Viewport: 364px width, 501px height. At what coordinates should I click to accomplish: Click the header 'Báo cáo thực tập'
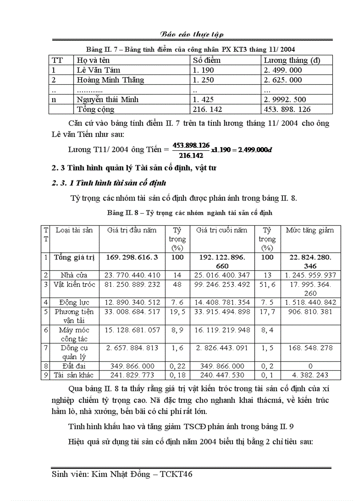192,34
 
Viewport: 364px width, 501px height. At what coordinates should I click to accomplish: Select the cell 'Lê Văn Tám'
98,70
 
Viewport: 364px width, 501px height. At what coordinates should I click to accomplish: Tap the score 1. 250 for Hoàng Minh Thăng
203,80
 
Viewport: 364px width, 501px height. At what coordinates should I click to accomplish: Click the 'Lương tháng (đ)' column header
292,60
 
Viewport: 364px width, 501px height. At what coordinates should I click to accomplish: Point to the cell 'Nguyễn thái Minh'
107,99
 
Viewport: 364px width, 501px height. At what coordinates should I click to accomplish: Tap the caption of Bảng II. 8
190,213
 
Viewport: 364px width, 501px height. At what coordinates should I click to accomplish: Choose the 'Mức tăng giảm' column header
310,230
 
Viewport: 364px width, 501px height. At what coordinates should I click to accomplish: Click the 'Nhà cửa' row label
74,275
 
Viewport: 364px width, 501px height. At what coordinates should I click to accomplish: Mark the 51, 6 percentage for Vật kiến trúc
267,285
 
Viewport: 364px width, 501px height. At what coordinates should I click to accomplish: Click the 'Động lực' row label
74,302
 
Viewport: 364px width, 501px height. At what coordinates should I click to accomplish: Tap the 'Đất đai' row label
74,366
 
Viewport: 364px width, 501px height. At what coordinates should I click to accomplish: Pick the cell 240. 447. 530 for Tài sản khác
223,375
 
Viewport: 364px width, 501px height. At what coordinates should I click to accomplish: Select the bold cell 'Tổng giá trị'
74,257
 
